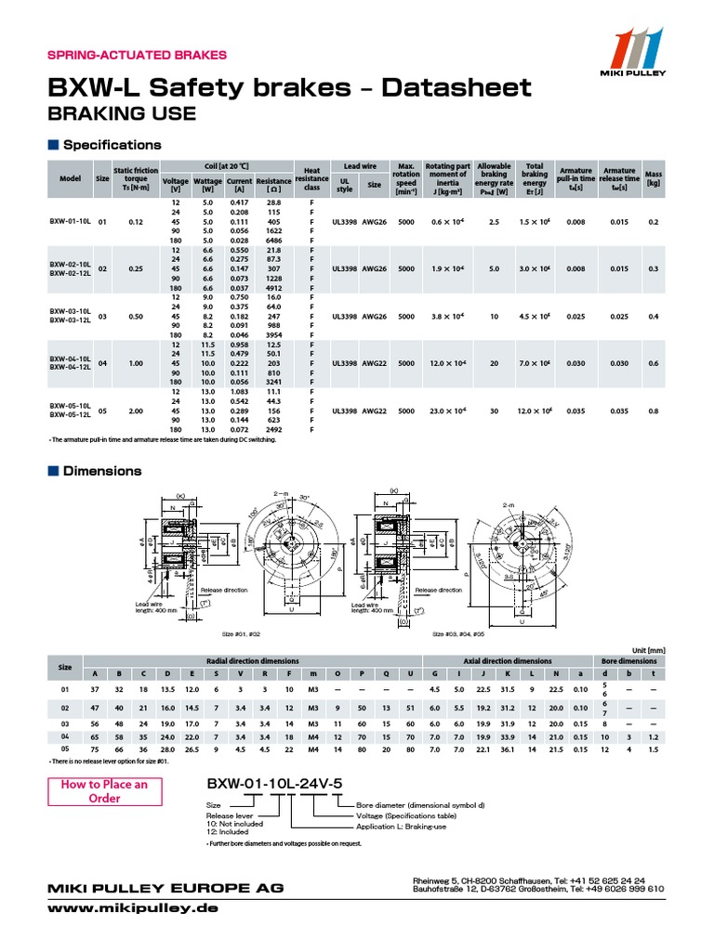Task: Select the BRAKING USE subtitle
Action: [x=121, y=113]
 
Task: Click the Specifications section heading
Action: [x=112, y=145]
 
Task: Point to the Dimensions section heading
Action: [x=102, y=471]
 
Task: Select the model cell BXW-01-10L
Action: [x=70, y=221]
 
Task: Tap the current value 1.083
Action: [x=240, y=392]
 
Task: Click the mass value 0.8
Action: [x=653, y=410]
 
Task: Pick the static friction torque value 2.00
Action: [x=137, y=410]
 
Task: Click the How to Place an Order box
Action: [x=105, y=791]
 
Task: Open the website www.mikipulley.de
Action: [x=133, y=907]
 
